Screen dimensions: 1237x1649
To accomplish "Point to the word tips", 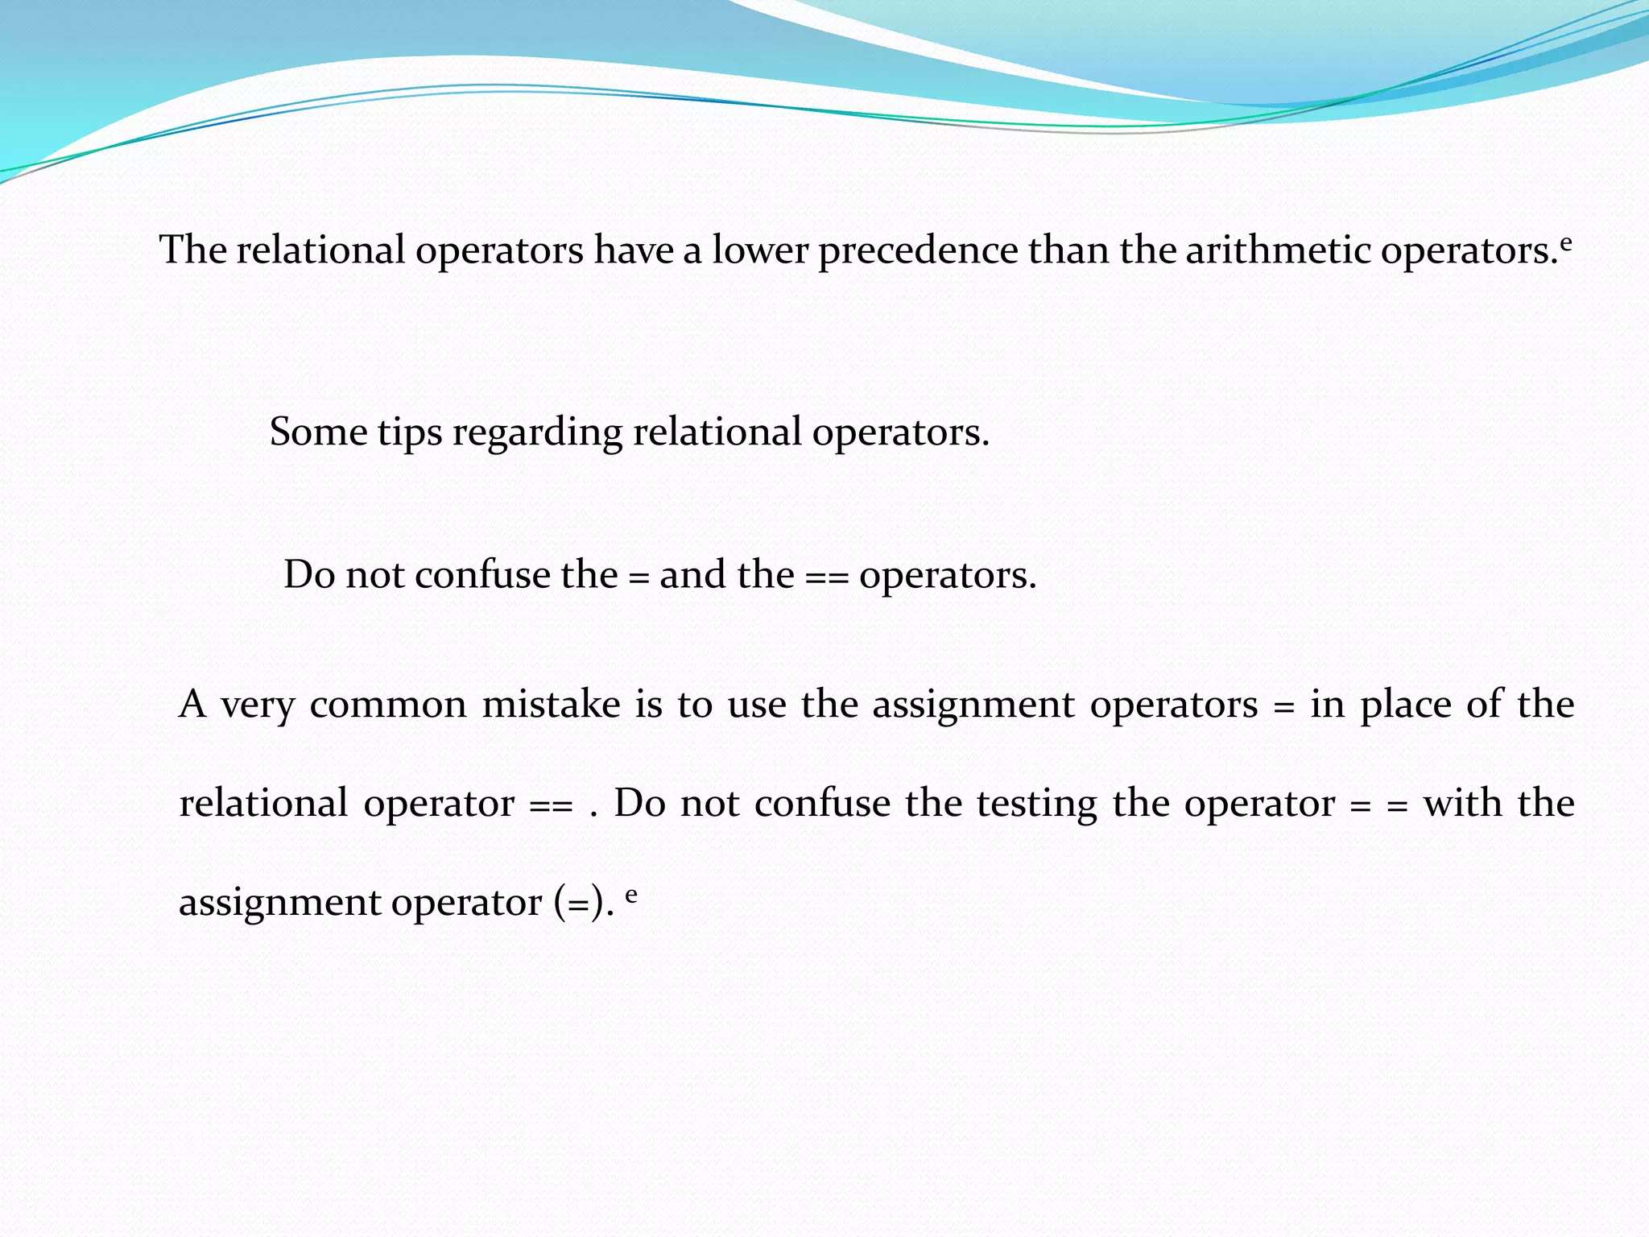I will [x=410, y=434].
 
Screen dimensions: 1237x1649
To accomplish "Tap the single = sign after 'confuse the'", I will [x=638, y=577].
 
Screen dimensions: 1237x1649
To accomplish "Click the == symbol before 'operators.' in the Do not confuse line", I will [x=826, y=577].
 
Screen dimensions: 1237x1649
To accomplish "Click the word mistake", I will [x=551, y=705].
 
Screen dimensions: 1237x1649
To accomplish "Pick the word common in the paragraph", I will [x=388, y=706].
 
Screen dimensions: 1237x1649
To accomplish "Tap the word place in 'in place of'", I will [x=1406, y=706].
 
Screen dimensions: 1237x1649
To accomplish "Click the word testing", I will [x=1037, y=805].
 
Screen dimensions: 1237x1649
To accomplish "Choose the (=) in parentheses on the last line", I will [x=578, y=903].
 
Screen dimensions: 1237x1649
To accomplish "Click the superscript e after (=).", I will [x=631, y=893].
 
